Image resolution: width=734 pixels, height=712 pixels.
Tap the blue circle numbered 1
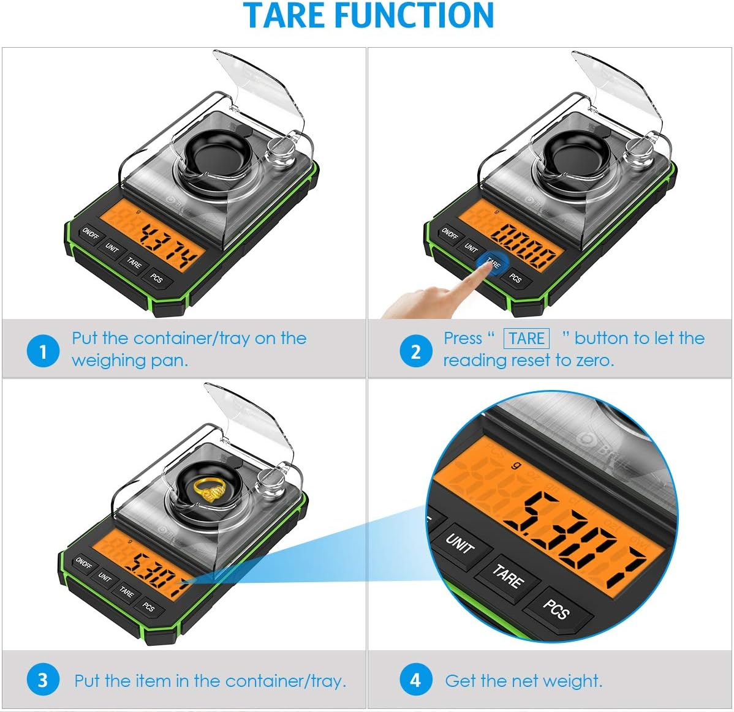point(43,351)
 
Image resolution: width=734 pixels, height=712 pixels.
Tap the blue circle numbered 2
point(415,351)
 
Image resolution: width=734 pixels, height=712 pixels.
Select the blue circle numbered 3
point(43,680)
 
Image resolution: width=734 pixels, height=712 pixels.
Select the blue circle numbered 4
point(415,680)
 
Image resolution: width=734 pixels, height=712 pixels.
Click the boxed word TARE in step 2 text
point(526,339)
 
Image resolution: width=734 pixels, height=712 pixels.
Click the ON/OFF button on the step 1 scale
point(89,234)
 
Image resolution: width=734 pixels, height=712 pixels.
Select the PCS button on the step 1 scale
point(157,279)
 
